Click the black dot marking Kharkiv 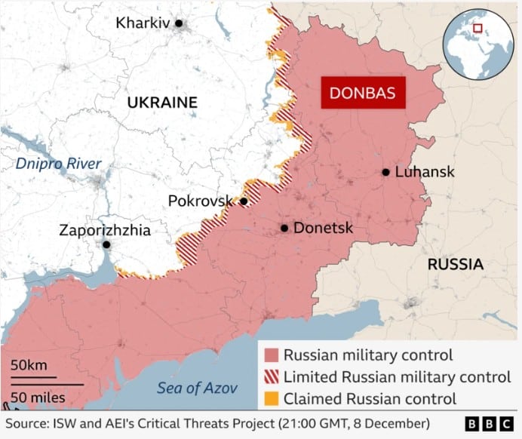pyautogui.click(x=179, y=23)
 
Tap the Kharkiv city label pyautogui.click(x=143, y=23)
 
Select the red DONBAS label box pyautogui.click(x=363, y=94)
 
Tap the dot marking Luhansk pyautogui.click(x=385, y=172)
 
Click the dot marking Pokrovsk pyautogui.click(x=244, y=201)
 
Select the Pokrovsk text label pyautogui.click(x=201, y=201)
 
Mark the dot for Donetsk pyautogui.click(x=284, y=228)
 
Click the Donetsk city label pyautogui.click(x=323, y=228)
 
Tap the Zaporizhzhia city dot pyautogui.click(x=107, y=245)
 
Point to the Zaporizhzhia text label pyautogui.click(x=105, y=230)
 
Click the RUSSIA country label pyautogui.click(x=455, y=265)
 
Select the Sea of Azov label pyautogui.click(x=197, y=388)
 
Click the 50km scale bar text pyautogui.click(x=29, y=365)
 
